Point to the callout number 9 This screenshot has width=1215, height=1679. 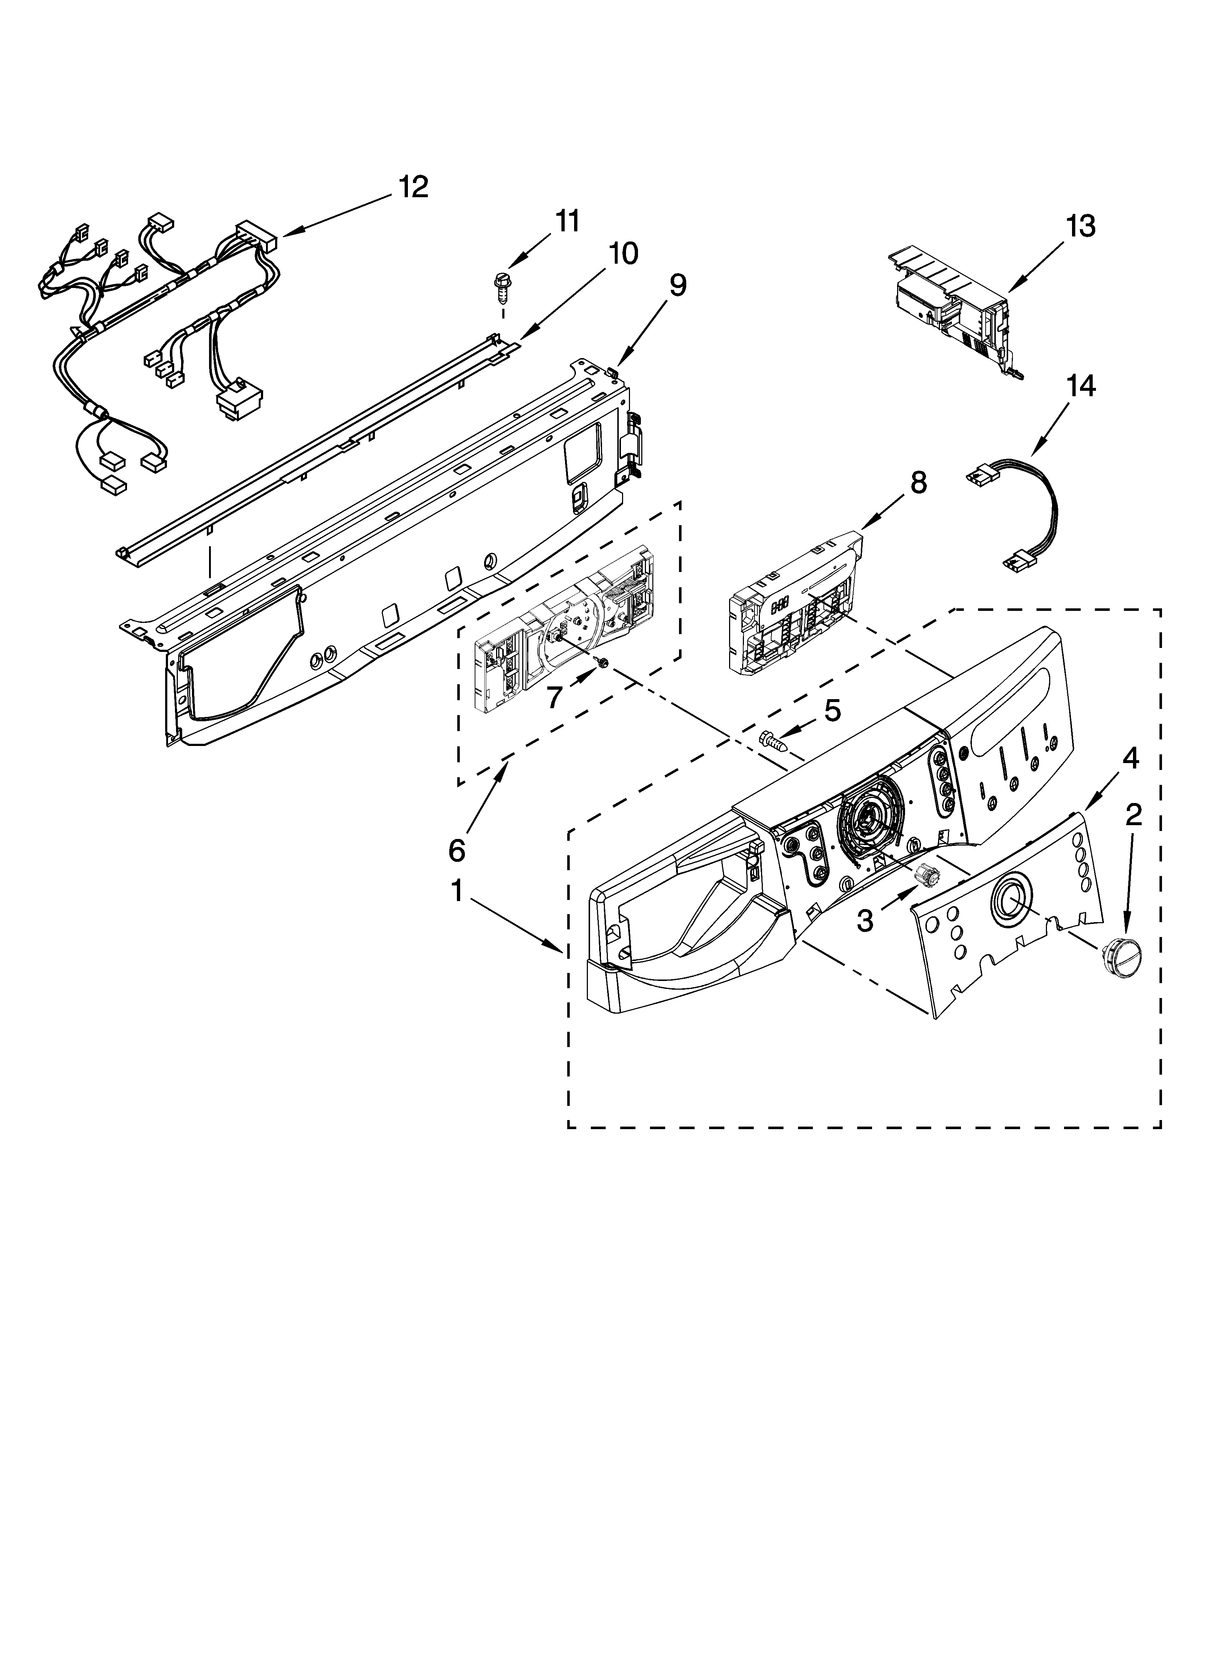(x=678, y=285)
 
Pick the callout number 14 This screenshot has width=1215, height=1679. (x=1081, y=386)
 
